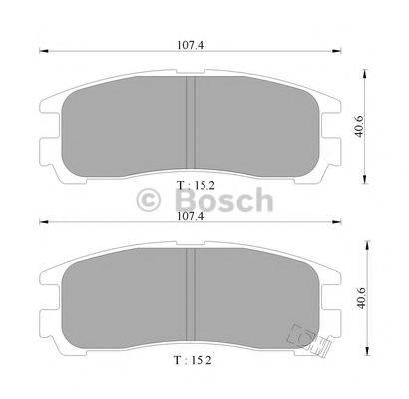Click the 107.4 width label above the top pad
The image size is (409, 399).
click(190, 45)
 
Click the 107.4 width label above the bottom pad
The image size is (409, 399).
click(191, 216)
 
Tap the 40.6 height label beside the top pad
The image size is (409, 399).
click(359, 126)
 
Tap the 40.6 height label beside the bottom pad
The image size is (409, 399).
click(361, 298)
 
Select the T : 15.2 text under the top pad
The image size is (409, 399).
click(196, 185)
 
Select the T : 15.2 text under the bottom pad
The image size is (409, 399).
click(193, 360)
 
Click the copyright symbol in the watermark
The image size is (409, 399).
click(149, 199)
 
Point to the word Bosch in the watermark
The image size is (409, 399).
click(224, 199)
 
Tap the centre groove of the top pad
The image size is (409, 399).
click(191, 122)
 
